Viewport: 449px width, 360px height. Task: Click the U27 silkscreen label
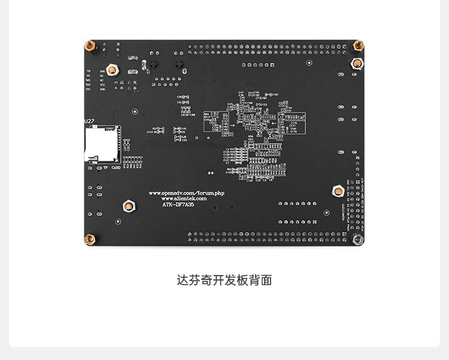[x=90, y=121]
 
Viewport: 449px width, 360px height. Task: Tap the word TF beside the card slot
[x=105, y=167]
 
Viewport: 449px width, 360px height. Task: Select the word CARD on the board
[x=116, y=167]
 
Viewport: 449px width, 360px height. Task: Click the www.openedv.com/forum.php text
[x=186, y=193]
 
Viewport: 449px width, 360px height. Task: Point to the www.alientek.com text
[x=184, y=199]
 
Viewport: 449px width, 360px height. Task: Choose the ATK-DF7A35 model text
[x=179, y=205]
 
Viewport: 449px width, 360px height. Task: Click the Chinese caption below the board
[x=224, y=280]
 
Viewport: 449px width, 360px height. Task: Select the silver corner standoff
[x=358, y=239]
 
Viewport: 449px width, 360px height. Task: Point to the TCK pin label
[x=88, y=89]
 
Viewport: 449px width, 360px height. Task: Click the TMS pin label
[x=88, y=80]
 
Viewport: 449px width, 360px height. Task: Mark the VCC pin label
[x=103, y=84]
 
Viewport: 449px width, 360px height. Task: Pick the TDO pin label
[x=88, y=85]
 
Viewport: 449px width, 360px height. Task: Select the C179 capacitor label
[x=293, y=131]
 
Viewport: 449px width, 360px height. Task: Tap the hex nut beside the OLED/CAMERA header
[x=336, y=191]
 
